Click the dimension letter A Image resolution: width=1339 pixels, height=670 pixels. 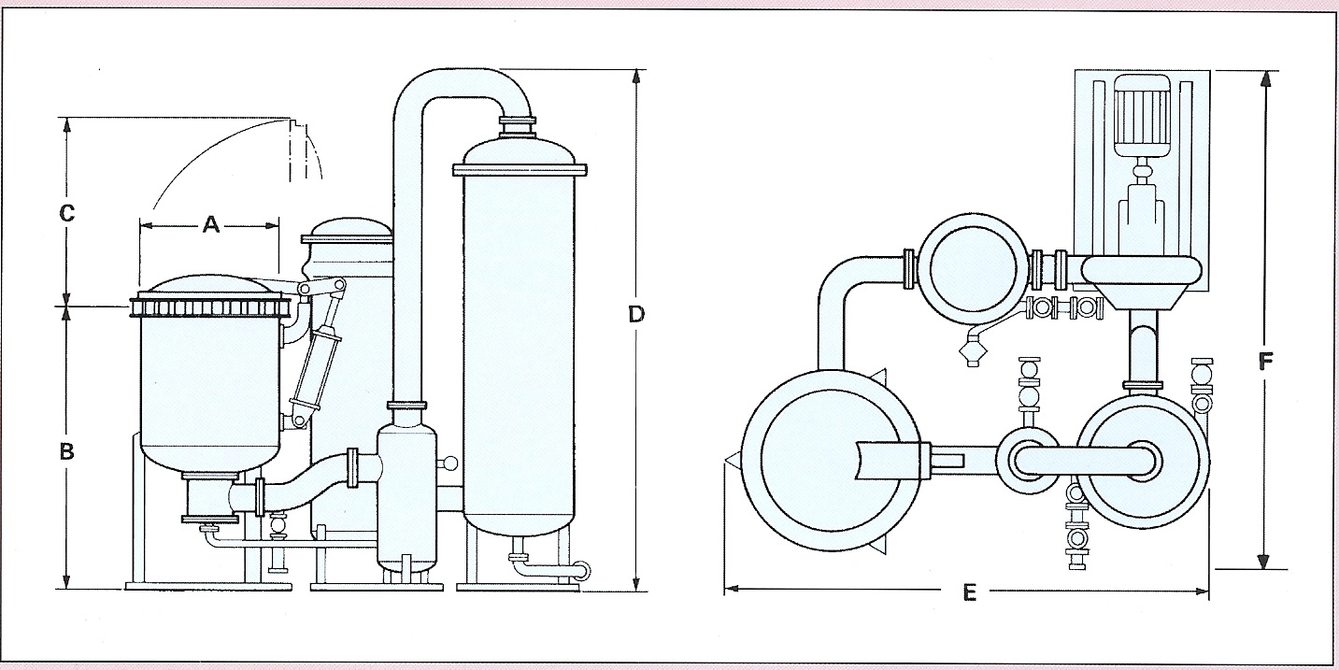pos(210,224)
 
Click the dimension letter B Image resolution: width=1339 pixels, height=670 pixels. pos(66,451)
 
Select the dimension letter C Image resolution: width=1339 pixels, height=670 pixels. pos(66,214)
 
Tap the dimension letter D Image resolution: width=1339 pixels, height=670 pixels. pos(636,315)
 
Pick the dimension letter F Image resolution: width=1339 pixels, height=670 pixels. pos(1266,362)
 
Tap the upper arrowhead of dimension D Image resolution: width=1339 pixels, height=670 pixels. pos(636,77)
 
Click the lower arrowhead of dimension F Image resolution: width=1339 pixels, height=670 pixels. pos(1265,561)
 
